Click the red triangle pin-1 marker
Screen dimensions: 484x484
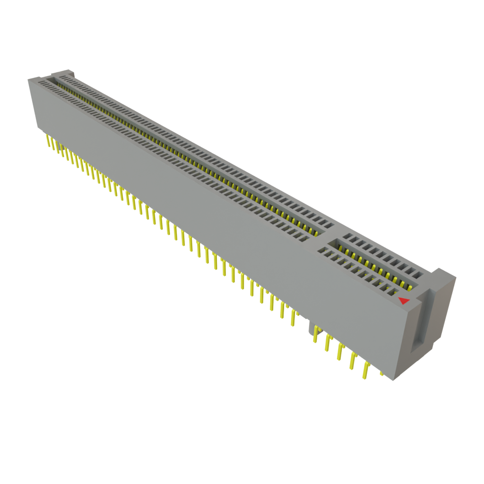[x=403, y=301]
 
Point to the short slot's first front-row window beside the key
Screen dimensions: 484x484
[x=323, y=250]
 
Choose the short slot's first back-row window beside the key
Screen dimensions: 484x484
[x=347, y=236]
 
